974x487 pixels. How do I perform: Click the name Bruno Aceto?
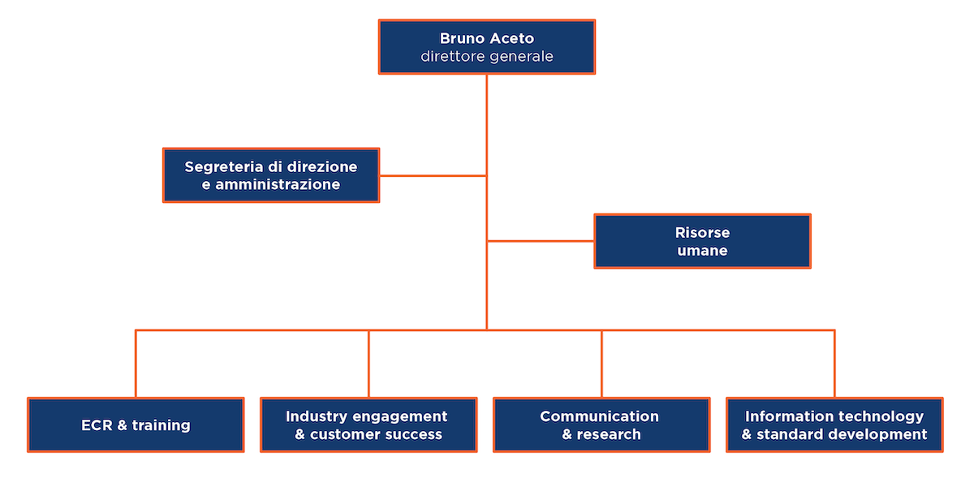pos(487,38)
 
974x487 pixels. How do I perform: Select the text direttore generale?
pos(487,57)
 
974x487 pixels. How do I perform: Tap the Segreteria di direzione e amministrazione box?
pos(271,175)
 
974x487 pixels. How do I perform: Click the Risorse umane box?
pos(702,241)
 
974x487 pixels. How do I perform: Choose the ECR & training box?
pos(136,425)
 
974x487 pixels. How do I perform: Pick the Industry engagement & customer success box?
pos(368,425)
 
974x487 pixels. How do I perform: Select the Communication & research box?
pos(601,425)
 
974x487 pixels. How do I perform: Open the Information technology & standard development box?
pos(834,425)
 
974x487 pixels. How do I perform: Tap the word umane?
pos(702,251)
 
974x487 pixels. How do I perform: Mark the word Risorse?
pos(702,232)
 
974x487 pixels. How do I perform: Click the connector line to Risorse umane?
pos(541,241)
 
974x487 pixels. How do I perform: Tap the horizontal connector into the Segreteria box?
pos(433,175)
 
